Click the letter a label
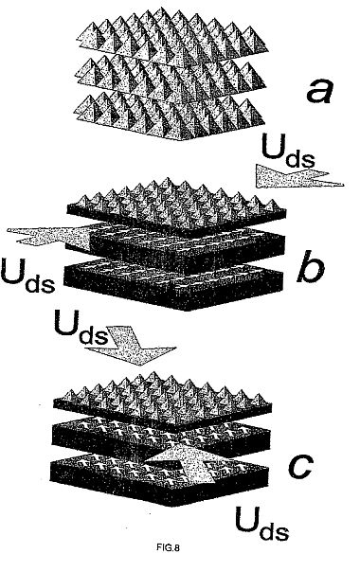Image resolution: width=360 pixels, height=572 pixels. (x=319, y=91)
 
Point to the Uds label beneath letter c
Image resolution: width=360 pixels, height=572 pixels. (x=261, y=523)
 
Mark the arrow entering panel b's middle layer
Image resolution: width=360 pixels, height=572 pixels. (x=49, y=237)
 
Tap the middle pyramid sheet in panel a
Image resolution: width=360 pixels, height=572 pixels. (x=170, y=75)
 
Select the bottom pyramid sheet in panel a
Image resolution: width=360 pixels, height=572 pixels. (x=169, y=115)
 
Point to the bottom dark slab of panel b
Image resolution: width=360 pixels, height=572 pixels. (x=173, y=284)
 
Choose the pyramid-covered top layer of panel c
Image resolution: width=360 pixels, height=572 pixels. (x=163, y=400)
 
